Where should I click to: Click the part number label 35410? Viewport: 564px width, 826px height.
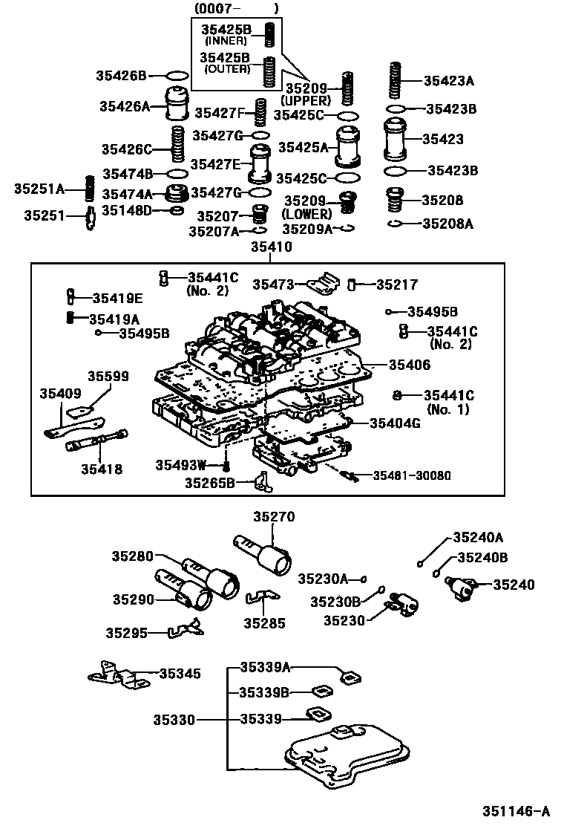271,247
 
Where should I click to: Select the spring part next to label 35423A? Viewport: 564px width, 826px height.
396,82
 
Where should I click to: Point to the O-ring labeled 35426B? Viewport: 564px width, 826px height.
177,76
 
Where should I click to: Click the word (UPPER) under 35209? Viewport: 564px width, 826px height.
305,100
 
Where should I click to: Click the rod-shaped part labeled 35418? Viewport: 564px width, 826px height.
97,443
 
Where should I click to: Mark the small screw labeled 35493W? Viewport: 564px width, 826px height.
226,466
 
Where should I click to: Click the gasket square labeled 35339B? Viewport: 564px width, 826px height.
320,692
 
